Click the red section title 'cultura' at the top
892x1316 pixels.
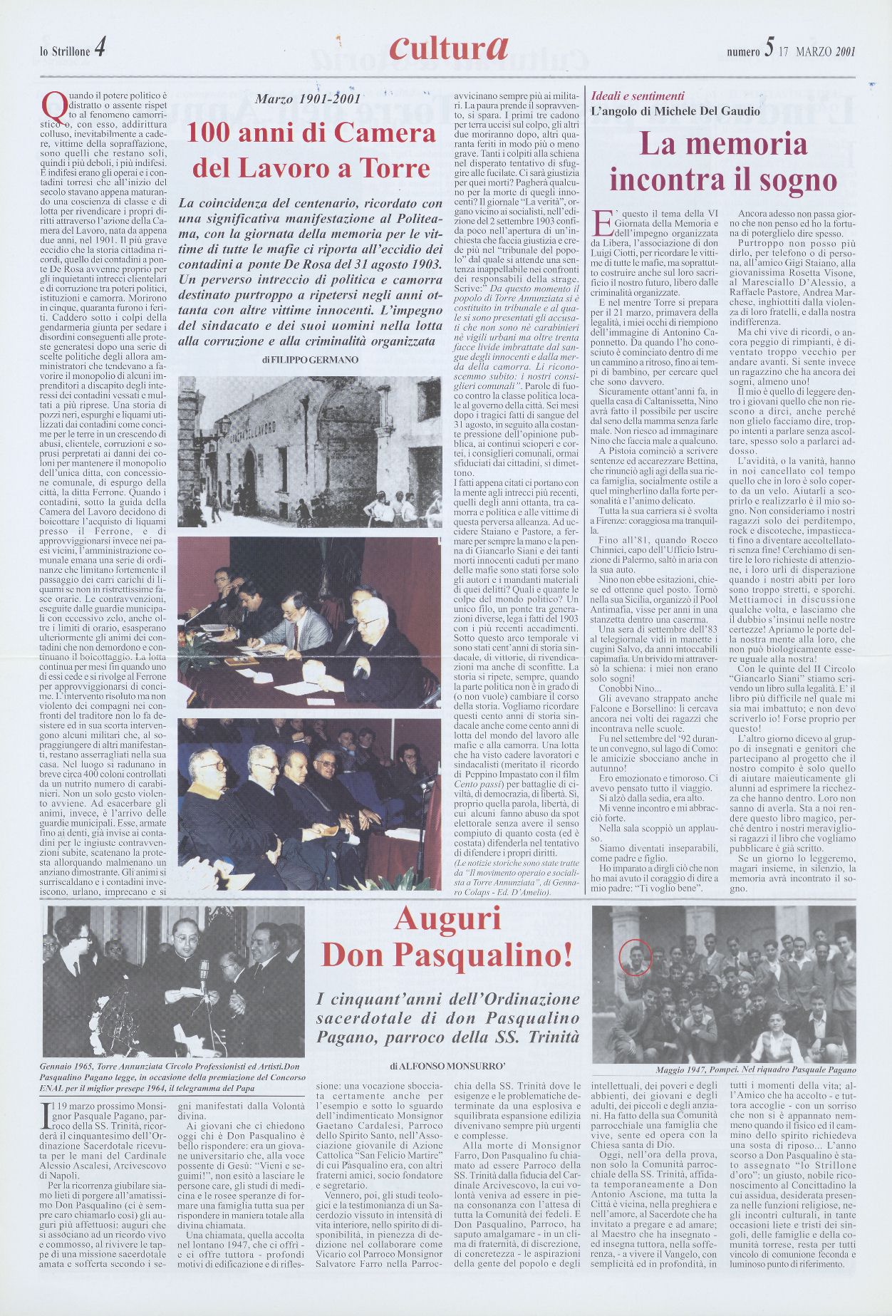pos(448,48)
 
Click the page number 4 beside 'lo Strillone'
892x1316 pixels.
pos(100,49)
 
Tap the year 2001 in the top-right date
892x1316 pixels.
pos(845,51)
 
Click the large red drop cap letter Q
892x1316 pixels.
pos(51,106)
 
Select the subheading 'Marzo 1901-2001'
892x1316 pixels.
pos(308,100)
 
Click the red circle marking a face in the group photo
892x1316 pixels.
pos(635,956)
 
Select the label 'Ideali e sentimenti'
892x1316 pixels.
pos(638,95)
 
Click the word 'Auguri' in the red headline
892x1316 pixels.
pos(447,918)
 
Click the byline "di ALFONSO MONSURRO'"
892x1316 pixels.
pos(447,1066)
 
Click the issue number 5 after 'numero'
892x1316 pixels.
pos(768,49)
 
